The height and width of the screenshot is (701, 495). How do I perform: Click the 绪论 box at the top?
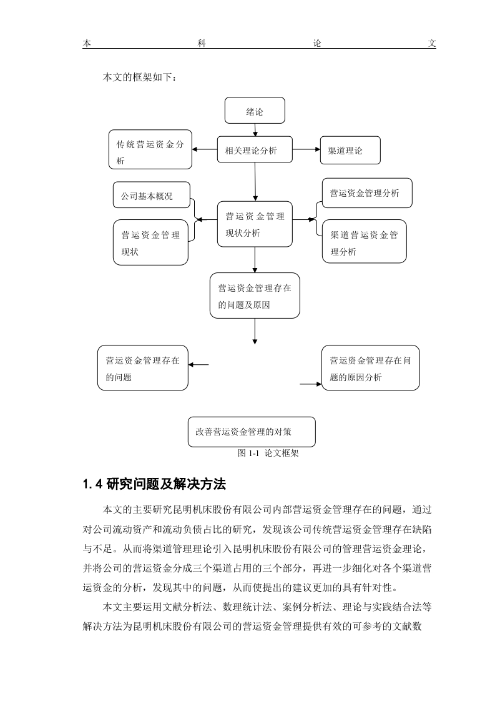pyautogui.click(x=255, y=111)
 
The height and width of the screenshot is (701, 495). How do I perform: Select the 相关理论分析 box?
pyautogui.click(x=255, y=149)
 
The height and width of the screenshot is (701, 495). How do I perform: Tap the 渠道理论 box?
pyautogui.click(x=350, y=150)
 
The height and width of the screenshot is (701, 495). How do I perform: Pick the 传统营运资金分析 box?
pyautogui.click(x=150, y=149)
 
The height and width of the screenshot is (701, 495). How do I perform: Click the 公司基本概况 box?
pyautogui.click(x=152, y=195)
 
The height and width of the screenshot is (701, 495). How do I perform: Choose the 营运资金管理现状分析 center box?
pyautogui.click(x=255, y=224)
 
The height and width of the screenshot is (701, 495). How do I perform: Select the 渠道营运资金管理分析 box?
pyautogui.click(x=364, y=241)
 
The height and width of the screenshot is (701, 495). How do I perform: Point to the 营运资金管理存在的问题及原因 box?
pyautogui.click(x=255, y=296)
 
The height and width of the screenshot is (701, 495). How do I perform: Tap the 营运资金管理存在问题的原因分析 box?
pyautogui.click(x=370, y=368)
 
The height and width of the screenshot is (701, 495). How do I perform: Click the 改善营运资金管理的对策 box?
pyautogui.click(x=252, y=432)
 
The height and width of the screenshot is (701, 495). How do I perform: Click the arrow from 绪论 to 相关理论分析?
pyautogui.click(x=255, y=130)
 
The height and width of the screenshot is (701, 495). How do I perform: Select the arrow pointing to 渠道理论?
pyautogui.click(x=306, y=149)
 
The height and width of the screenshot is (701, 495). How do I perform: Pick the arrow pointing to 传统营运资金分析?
pyautogui.click(x=205, y=149)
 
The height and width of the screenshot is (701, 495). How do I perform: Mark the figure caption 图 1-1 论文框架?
pyautogui.click(x=268, y=454)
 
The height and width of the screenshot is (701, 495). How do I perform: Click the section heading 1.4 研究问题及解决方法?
pyautogui.click(x=155, y=484)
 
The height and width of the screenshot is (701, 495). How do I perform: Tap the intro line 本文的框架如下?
pyautogui.click(x=140, y=77)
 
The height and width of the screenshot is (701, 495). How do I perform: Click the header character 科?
pyautogui.click(x=202, y=43)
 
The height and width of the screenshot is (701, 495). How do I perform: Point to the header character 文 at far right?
pyautogui.click(x=431, y=43)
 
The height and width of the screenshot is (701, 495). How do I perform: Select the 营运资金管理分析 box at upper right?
pyautogui.click(x=367, y=193)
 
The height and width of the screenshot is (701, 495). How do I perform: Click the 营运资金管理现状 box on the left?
pyautogui.click(x=150, y=242)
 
